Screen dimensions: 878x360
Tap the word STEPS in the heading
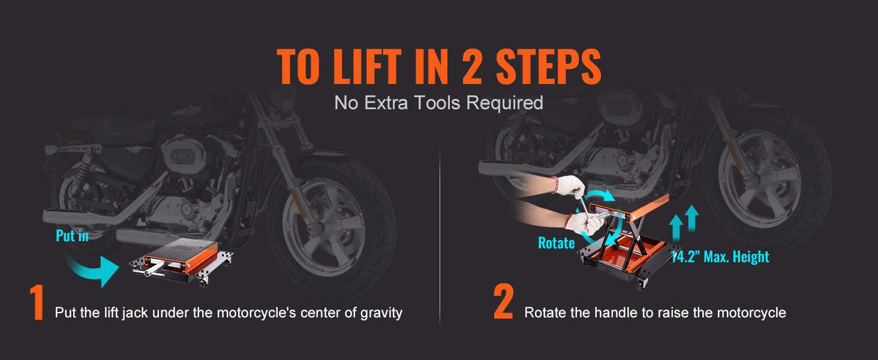(548, 66)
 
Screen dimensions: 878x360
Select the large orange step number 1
(37, 302)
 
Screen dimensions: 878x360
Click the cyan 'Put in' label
(72, 236)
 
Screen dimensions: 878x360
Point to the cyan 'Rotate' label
(556, 243)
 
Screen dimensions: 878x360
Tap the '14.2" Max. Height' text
(720, 257)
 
